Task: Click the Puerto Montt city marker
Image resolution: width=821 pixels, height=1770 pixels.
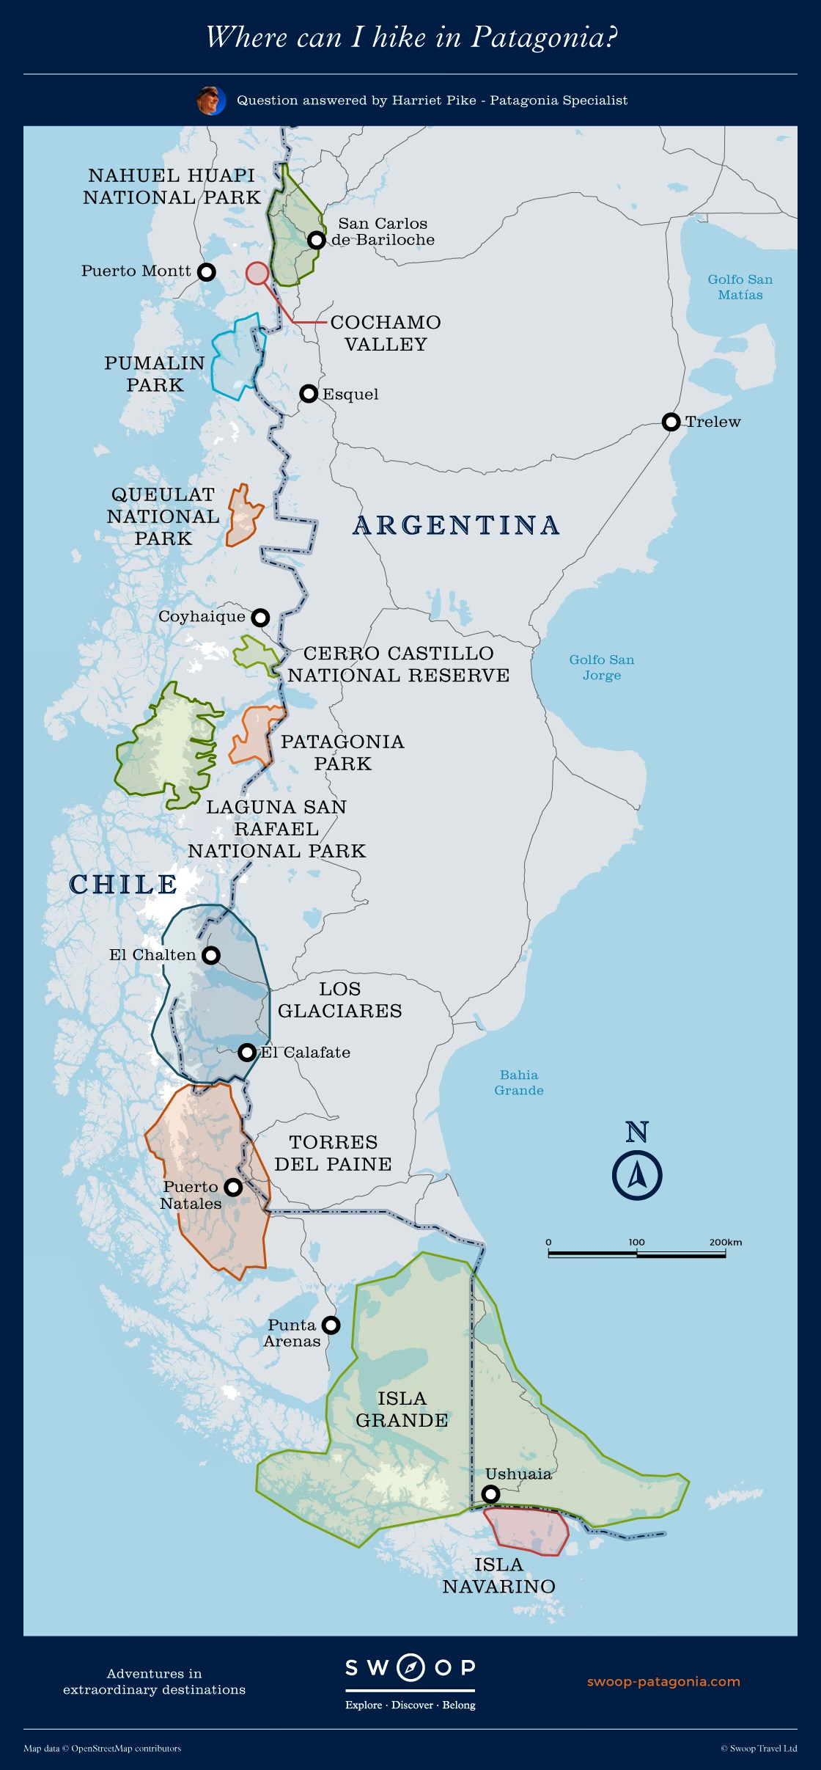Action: click(x=207, y=272)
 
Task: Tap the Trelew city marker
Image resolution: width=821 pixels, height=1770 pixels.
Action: click(x=671, y=422)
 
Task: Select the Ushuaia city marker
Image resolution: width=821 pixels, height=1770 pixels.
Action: click(x=491, y=1494)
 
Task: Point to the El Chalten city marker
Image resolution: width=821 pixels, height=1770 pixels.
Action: click(x=211, y=955)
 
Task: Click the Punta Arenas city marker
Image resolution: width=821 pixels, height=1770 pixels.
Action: click(x=331, y=1325)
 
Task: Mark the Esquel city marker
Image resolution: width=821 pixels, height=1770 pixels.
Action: click(x=309, y=394)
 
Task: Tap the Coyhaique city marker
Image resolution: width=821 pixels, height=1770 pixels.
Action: click(x=260, y=618)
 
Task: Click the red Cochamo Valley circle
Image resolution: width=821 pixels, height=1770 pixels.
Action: click(x=257, y=274)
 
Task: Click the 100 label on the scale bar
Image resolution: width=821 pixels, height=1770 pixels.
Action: click(x=636, y=1242)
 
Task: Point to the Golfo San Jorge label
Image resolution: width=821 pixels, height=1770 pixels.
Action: click(x=602, y=668)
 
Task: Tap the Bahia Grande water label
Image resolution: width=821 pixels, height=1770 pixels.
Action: click(x=519, y=1083)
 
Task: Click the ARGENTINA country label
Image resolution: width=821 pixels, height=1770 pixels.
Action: click(x=456, y=526)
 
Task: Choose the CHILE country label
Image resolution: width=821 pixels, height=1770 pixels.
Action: click(x=123, y=885)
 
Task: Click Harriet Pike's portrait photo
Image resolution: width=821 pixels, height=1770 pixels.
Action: click(x=210, y=100)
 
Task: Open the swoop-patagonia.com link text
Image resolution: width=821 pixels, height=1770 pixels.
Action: click(x=663, y=1682)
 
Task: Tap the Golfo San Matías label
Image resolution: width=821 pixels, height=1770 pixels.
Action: click(x=740, y=287)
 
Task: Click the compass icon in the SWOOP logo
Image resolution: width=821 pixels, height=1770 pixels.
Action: click(x=410, y=1667)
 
